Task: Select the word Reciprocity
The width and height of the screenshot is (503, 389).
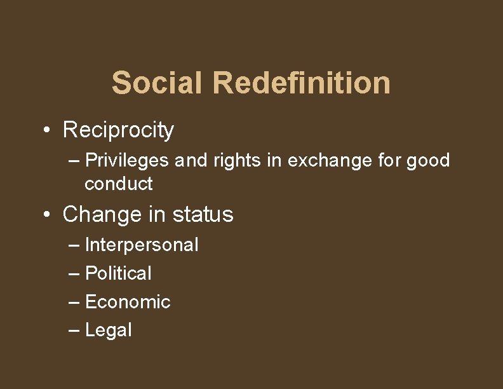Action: (x=118, y=130)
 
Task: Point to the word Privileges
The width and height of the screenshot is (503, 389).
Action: (x=127, y=161)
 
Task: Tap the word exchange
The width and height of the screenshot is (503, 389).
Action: (x=330, y=161)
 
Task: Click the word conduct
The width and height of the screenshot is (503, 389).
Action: (x=118, y=184)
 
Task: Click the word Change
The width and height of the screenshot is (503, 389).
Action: (x=102, y=215)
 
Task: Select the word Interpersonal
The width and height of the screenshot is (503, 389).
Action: (x=142, y=245)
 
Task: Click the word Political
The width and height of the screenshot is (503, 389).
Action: (x=118, y=273)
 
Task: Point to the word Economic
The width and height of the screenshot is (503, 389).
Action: (x=128, y=302)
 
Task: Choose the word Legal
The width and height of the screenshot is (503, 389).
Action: (x=108, y=331)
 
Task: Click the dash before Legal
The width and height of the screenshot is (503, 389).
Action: (x=74, y=331)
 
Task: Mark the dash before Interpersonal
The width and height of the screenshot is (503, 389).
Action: (x=74, y=245)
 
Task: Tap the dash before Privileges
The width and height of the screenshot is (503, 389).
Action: (x=74, y=161)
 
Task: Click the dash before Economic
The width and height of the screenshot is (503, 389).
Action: (x=74, y=303)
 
